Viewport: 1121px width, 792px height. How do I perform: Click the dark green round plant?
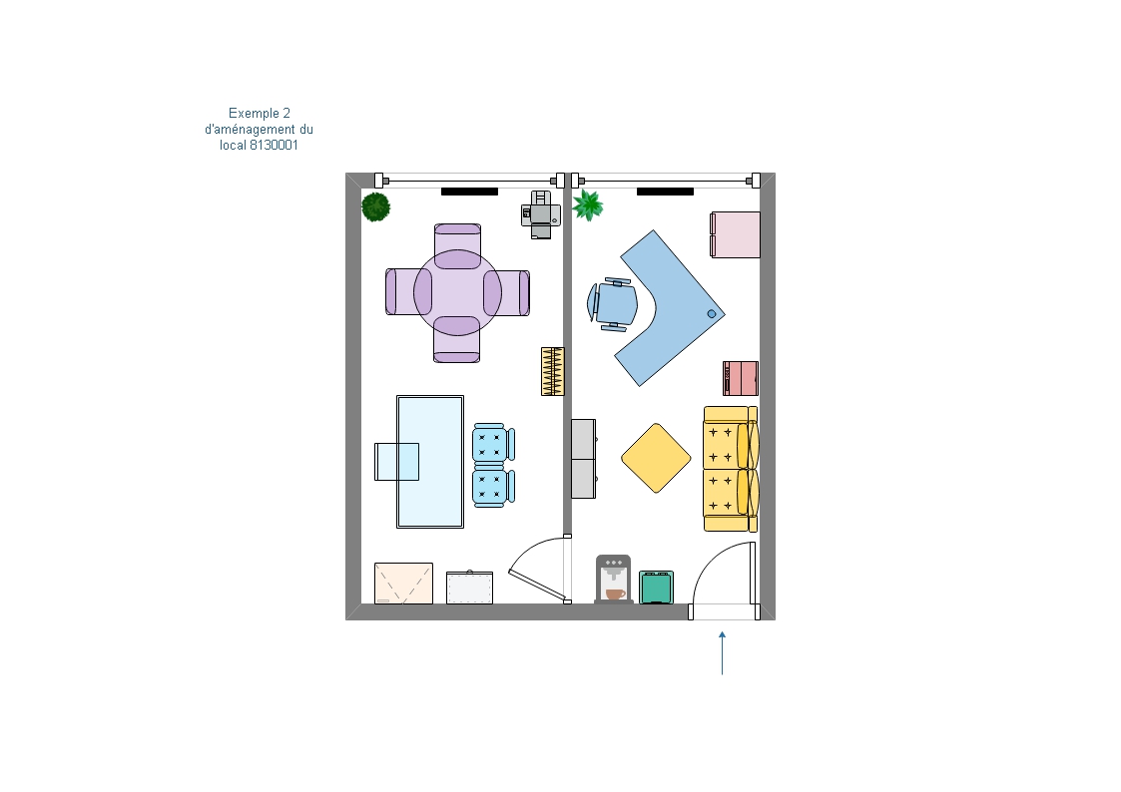375,207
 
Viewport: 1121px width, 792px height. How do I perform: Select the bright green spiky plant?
588,204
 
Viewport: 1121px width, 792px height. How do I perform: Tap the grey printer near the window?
540,214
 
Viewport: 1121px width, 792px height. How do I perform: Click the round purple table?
457,293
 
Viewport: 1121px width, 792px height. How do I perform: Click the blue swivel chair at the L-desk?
613,304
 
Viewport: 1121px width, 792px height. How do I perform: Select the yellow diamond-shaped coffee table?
656,458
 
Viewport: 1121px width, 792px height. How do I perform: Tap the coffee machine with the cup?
613,580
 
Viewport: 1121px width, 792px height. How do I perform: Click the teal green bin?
656,588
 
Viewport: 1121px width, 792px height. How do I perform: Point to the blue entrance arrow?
722,652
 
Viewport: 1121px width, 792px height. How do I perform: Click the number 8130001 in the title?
274,145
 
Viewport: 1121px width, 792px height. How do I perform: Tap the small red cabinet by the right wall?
741,378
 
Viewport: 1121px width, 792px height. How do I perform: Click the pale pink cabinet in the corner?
735,234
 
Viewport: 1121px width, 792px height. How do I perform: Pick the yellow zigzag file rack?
553,371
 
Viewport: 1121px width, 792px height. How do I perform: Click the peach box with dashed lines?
403,584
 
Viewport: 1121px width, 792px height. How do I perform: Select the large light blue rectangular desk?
430,462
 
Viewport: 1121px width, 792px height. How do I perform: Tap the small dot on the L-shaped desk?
712,314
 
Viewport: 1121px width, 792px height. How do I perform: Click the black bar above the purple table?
469,192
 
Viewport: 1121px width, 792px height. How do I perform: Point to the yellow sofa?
731,469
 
